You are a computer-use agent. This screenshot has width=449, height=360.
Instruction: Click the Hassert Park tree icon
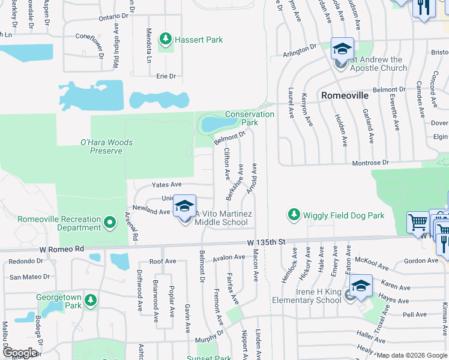pos(166,40)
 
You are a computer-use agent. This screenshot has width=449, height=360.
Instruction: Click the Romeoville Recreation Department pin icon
pos(109,223)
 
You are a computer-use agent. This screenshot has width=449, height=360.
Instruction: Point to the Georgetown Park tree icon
pos(90,299)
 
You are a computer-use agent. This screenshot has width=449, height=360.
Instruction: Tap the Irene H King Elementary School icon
pos(360,286)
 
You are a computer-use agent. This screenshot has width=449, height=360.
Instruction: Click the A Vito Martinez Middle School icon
pos(185,208)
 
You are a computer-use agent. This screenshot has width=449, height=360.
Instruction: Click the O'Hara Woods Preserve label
pos(106,147)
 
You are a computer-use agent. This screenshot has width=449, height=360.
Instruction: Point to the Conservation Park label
pos(250,118)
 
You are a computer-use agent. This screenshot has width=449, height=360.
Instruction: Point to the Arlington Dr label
pos(299,51)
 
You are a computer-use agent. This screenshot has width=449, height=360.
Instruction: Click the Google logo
pos(20,353)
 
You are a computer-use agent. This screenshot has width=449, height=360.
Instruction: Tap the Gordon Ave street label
pos(421,260)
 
